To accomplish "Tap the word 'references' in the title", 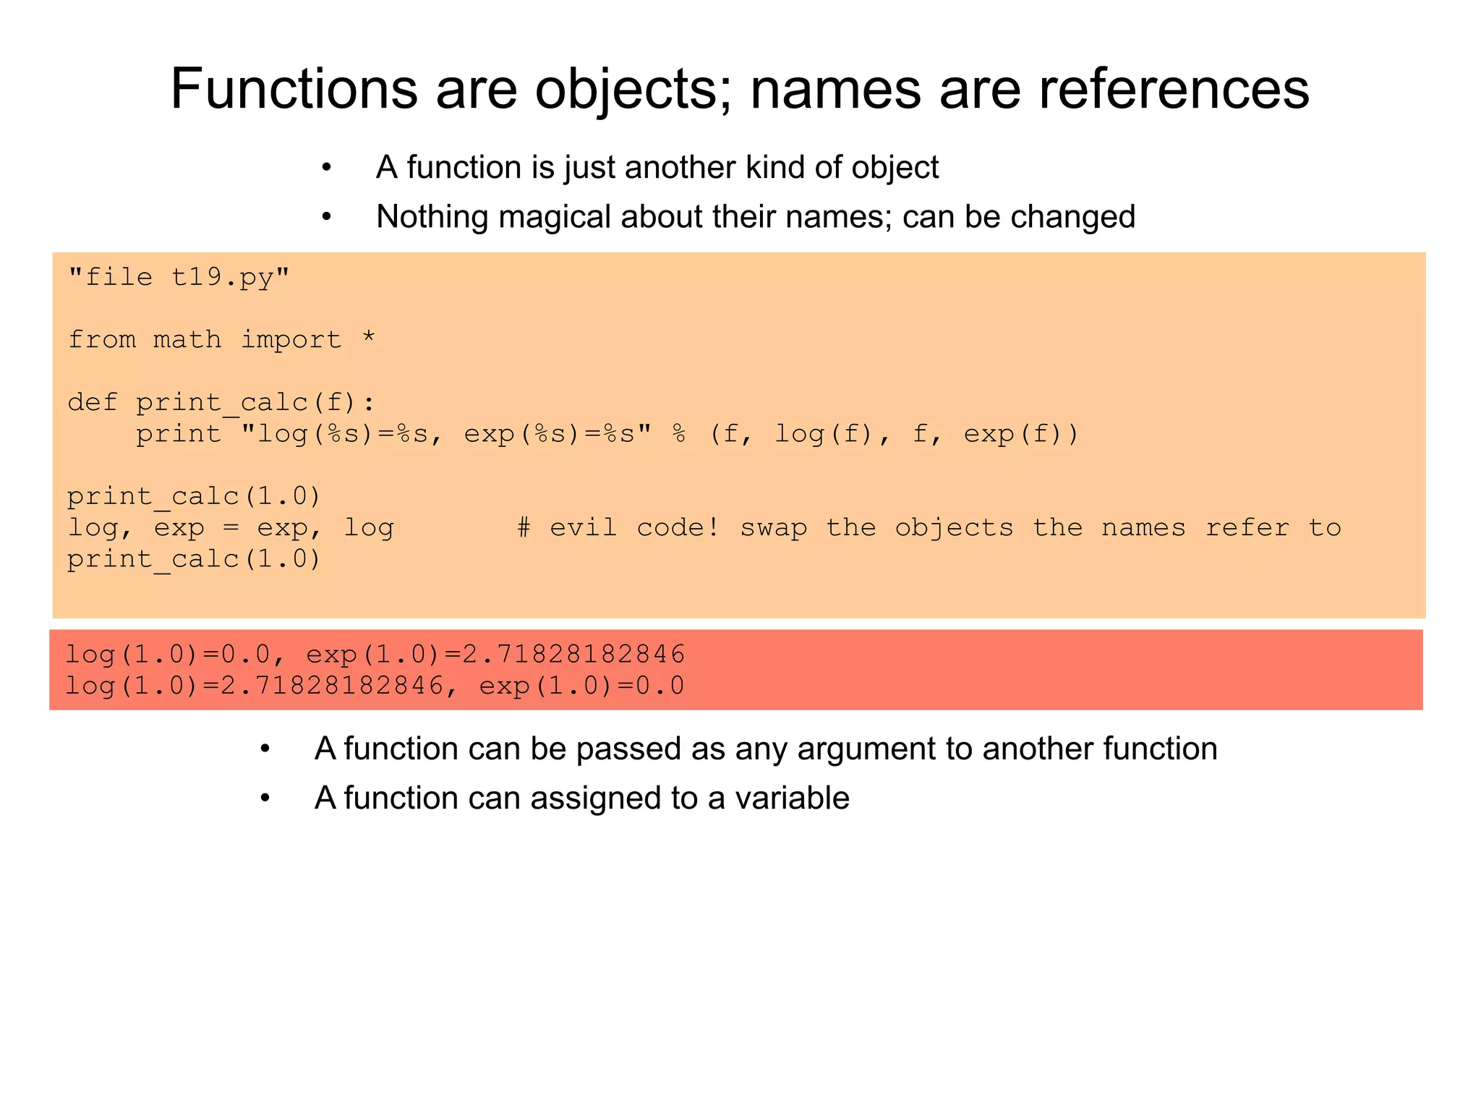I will click(1174, 89).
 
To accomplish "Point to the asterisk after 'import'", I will click(369, 339).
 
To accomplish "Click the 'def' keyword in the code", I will click(93, 402).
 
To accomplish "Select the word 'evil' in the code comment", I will click(583, 527).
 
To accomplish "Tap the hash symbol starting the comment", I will click(524, 527).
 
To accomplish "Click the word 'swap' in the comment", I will click(773, 529).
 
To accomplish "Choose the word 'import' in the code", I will click(291, 340).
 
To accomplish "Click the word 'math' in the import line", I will click(187, 339).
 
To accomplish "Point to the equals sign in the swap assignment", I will click(231, 528).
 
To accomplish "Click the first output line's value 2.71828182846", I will click(573, 654).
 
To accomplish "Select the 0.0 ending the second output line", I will click(660, 686).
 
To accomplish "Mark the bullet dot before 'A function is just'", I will click(327, 169).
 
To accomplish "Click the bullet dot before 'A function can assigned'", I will click(265, 799).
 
